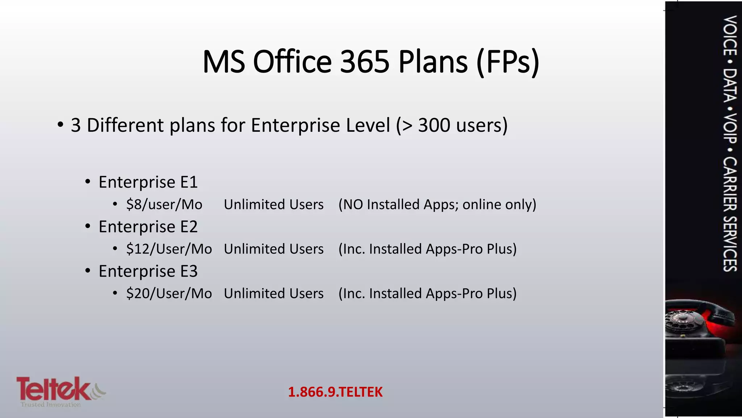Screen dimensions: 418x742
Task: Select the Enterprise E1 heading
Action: point(148,182)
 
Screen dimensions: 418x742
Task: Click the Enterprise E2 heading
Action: point(148,227)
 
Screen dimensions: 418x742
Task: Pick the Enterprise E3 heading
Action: point(148,271)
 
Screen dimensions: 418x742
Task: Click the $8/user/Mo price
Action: point(164,205)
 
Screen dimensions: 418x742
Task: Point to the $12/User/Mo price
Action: point(169,249)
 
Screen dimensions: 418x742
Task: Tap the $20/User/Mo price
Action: point(169,294)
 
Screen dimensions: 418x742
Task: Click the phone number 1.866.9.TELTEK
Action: point(335,392)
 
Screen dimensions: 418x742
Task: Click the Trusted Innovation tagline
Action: point(51,405)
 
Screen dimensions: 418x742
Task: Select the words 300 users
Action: point(463,125)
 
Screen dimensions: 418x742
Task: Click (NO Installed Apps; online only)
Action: point(437,205)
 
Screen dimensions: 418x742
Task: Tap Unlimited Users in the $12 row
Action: point(274,249)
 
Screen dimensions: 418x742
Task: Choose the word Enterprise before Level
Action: point(296,125)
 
